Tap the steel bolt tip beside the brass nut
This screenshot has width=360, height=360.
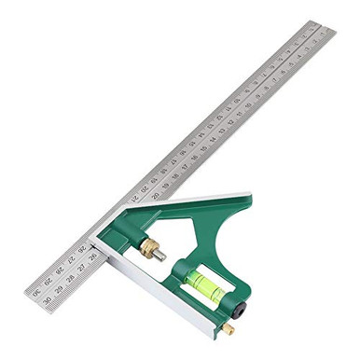(x=161, y=254)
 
